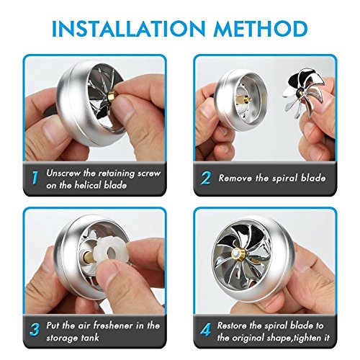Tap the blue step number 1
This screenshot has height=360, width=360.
click(35, 178)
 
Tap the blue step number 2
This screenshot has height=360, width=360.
click(206, 178)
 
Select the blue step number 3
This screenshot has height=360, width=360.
click(35, 330)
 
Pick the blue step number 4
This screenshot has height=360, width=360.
click(206, 330)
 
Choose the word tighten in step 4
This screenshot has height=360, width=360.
click(307, 338)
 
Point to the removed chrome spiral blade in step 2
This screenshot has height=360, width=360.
click(302, 95)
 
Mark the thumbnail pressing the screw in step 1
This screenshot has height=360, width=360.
click(124, 105)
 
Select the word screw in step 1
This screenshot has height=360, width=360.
click(149, 173)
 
